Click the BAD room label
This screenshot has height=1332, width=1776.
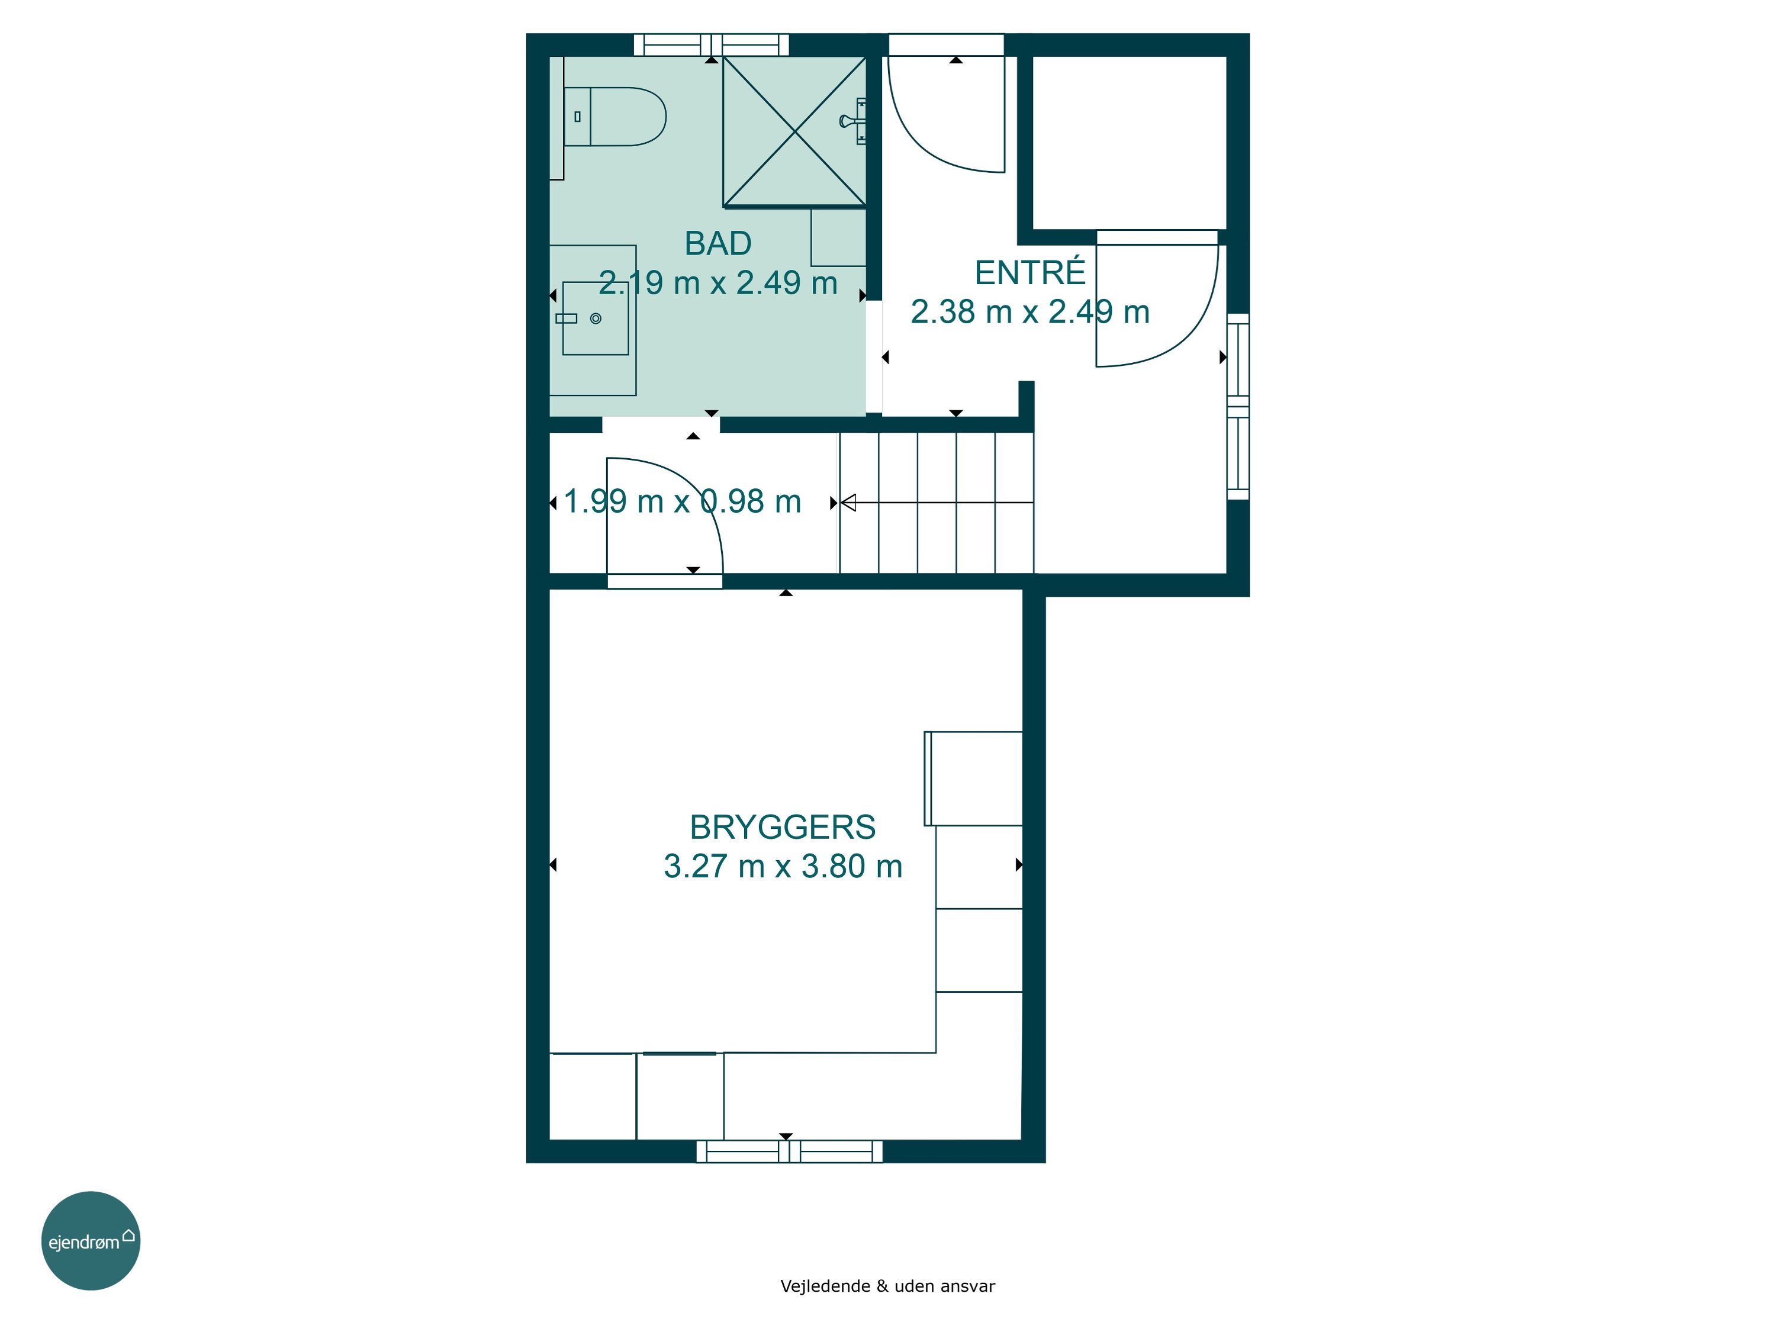(x=718, y=243)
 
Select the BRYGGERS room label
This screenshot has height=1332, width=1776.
(x=783, y=827)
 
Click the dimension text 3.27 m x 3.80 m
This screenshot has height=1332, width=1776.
(x=783, y=866)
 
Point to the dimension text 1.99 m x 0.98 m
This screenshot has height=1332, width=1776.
(x=683, y=502)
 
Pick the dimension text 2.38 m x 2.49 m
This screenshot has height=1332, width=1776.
(x=1030, y=311)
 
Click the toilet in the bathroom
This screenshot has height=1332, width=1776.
(x=615, y=117)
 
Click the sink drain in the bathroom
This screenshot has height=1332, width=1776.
(x=596, y=318)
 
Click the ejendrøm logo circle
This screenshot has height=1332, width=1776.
(x=91, y=1240)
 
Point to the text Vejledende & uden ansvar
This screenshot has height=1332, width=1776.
(x=887, y=1286)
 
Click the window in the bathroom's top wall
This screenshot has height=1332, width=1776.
(x=712, y=45)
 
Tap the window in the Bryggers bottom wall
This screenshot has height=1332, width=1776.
(x=789, y=1151)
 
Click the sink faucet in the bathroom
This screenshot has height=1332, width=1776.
(x=566, y=318)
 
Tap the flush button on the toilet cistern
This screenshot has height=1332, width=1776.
(x=577, y=117)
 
